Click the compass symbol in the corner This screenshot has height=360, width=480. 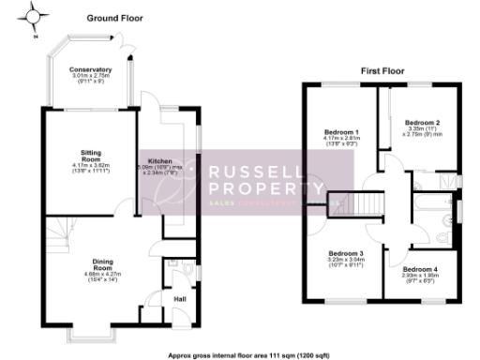[35, 16]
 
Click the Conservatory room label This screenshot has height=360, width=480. [91, 69]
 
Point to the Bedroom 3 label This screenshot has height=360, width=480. [345, 254]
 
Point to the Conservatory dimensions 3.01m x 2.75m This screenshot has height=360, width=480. [91, 76]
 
